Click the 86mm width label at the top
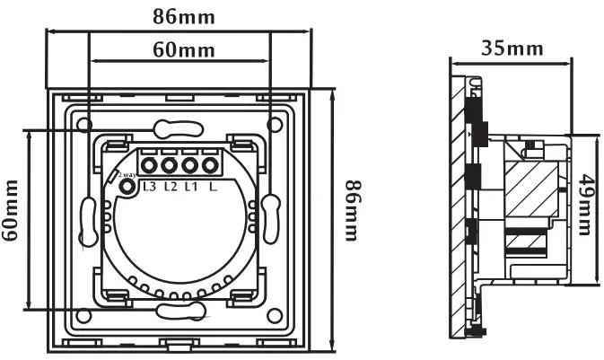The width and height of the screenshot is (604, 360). coord(177,15)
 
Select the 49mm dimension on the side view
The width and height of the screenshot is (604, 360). coord(584,208)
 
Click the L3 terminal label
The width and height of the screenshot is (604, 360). coord(149,187)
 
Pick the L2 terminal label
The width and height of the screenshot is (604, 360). coord(170,187)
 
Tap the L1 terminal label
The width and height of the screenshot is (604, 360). coord(190,187)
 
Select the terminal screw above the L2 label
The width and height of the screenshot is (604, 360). coord(170,165)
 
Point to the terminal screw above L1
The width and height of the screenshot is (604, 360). coord(190,165)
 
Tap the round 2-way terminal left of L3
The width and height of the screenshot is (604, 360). coord(127,187)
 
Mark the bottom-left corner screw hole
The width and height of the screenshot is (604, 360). coord(83,314)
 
